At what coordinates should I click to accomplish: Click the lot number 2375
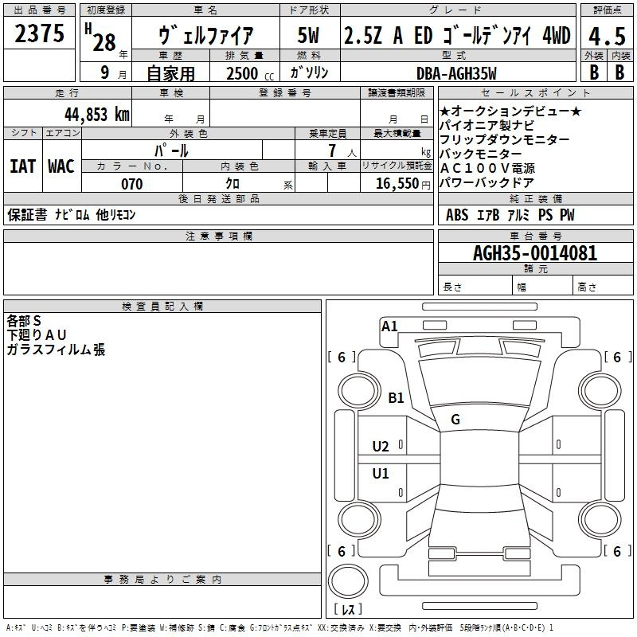click(x=39, y=34)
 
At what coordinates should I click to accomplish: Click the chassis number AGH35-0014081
click(x=534, y=253)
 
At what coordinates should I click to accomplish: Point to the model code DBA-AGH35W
click(x=456, y=73)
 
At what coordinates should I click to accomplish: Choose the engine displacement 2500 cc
click(x=244, y=73)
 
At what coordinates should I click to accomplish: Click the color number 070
click(x=131, y=184)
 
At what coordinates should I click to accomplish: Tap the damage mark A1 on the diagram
click(x=389, y=326)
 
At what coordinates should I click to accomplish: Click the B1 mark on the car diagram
click(x=397, y=397)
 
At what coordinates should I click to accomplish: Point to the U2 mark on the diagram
click(x=381, y=447)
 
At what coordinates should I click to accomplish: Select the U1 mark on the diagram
click(x=381, y=474)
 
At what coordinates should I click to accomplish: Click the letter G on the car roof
click(x=455, y=420)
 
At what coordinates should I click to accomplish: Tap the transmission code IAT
click(x=22, y=166)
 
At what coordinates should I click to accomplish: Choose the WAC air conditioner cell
click(x=61, y=166)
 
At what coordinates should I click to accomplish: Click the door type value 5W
click(x=308, y=35)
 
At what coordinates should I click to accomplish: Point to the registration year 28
click(x=104, y=41)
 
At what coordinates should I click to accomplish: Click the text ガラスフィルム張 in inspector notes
click(x=56, y=350)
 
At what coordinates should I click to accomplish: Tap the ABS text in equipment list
click(x=457, y=215)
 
